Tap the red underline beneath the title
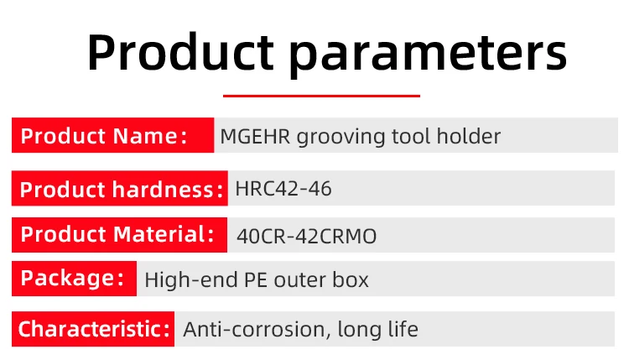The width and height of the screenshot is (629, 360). click(x=321, y=96)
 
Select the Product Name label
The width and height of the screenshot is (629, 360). click(x=103, y=136)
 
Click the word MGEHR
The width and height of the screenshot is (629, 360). click(x=255, y=137)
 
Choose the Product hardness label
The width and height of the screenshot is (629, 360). click(x=121, y=190)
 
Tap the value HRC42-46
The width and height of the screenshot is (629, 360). click(x=283, y=189)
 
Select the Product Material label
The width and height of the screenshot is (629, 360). click(x=117, y=234)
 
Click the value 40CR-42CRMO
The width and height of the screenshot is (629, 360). click(x=306, y=237)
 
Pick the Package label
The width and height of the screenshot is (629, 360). click(x=72, y=278)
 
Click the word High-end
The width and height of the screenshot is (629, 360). click(x=191, y=279)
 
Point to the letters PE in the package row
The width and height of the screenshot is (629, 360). click(x=256, y=279)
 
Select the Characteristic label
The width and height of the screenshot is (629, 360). click(x=94, y=329)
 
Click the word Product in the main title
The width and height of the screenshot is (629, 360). click(x=180, y=53)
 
